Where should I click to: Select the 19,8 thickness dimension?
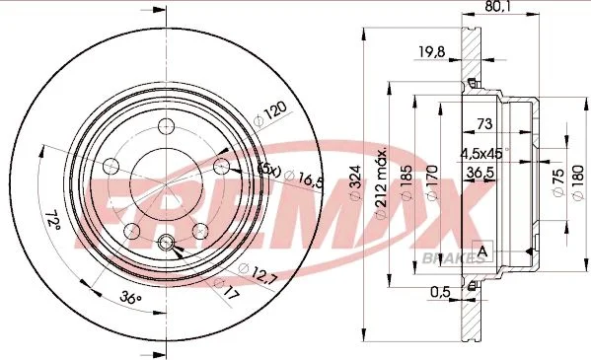(432, 51)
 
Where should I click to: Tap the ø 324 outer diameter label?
(356, 182)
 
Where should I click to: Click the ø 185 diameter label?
(406, 182)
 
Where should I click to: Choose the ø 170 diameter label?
(432, 182)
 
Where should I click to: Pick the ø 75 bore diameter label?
(558, 181)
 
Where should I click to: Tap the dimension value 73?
(484, 123)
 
